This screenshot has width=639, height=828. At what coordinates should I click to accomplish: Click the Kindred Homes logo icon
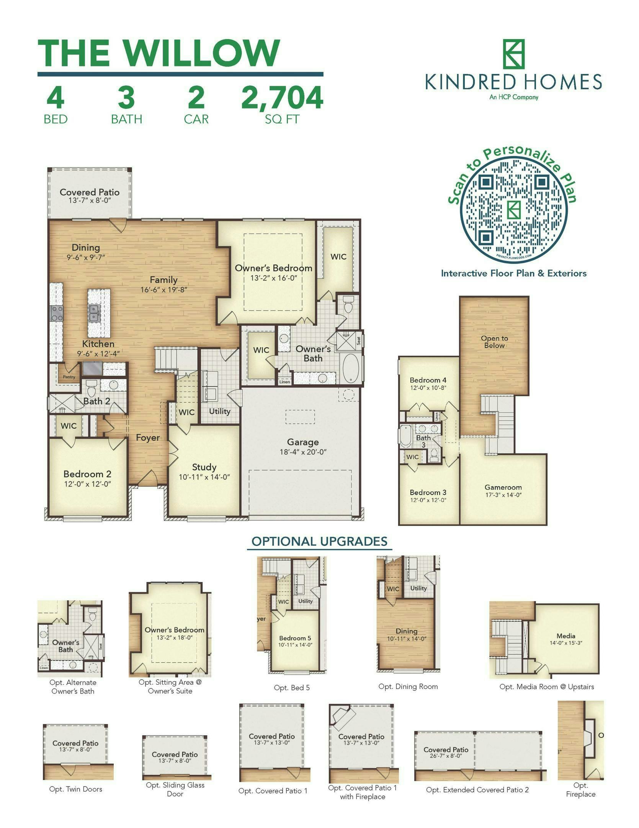tap(513, 54)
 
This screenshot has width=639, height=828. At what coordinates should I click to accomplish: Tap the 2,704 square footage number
tap(282, 97)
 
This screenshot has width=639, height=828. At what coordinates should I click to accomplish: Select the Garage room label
tap(302, 443)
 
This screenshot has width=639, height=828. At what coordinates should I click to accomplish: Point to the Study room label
tap(204, 467)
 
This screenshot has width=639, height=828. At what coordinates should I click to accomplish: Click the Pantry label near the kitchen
tap(69, 377)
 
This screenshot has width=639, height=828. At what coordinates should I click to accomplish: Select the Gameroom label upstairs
tap(503, 487)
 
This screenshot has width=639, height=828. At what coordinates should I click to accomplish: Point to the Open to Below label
tap(494, 342)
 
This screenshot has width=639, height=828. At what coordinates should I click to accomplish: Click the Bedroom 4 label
tap(428, 380)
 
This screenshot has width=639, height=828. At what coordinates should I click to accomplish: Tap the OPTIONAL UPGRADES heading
tap(319, 541)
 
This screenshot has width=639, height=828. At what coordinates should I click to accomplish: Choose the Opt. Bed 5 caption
tap(292, 688)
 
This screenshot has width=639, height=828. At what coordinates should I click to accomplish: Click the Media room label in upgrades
tap(566, 636)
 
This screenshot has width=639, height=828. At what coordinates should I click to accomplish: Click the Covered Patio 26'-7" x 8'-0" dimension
tap(446, 756)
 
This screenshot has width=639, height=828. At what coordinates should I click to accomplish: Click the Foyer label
tap(148, 438)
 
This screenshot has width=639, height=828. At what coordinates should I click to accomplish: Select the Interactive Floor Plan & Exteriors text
tap(514, 273)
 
